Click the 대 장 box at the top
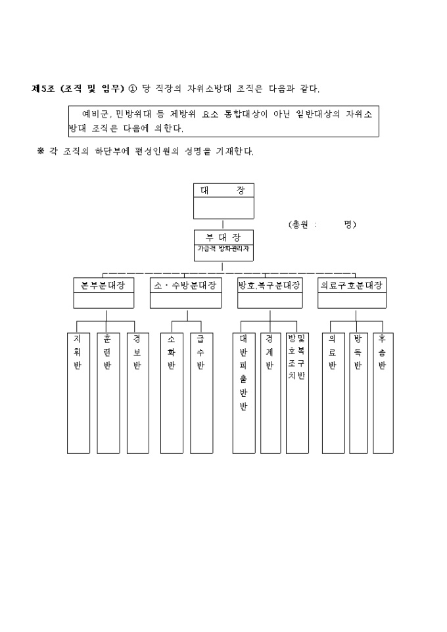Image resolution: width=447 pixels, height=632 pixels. (223, 200)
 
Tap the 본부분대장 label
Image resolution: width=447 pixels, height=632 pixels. (103, 286)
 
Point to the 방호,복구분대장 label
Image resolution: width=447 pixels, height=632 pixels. (269, 286)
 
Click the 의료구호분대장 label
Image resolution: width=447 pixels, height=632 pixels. (352, 286)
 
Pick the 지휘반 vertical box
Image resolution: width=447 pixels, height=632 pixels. (78, 392)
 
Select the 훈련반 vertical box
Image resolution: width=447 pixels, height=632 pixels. (108, 392)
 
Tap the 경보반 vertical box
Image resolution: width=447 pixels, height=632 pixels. (137, 392)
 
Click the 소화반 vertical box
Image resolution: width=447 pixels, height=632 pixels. (172, 392)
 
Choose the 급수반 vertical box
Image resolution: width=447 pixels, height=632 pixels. (201, 392)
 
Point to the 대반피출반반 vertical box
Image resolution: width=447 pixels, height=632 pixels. (243, 392)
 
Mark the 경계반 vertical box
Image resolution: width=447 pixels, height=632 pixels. (270, 392)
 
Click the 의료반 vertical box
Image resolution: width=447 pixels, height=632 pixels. (333, 392)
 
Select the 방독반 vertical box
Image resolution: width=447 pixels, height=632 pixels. (358, 392)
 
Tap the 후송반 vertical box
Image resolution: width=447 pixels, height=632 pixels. (383, 392)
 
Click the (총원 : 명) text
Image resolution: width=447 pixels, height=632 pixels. (322, 224)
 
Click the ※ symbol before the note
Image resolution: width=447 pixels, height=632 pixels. (40, 151)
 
